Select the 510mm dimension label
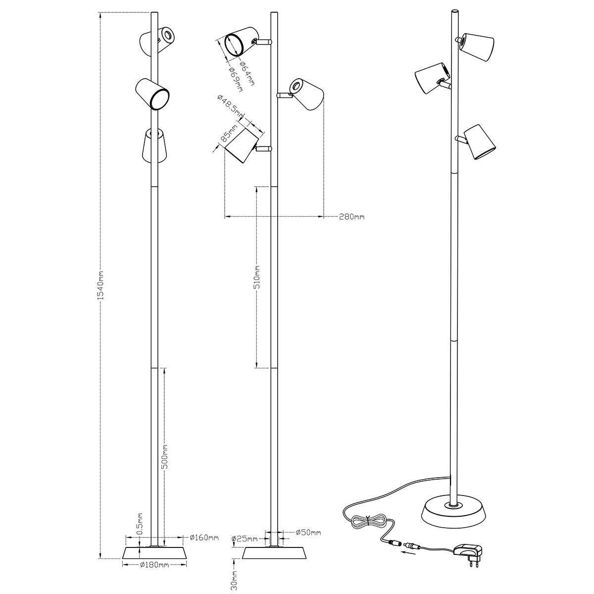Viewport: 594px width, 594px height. [x=258, y=277]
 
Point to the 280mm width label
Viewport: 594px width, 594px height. [x=352, y=217]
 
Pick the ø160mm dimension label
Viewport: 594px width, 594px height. [x=204, y=538]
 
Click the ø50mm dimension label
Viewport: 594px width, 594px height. [x=308, y=532]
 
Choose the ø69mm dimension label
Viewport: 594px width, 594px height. [x=236, y=79]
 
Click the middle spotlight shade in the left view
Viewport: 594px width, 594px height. [x=152, y=94]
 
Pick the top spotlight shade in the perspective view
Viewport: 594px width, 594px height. [x=477, y=47]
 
